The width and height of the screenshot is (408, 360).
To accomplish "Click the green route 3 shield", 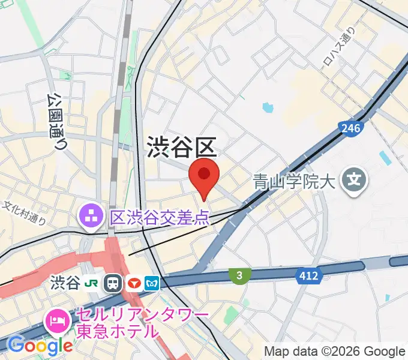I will pos(239,275).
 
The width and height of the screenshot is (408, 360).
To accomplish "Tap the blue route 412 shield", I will pos(309,276).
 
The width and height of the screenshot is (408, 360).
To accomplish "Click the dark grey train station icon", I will pos(112,283).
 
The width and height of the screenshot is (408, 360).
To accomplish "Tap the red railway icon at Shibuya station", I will pos(133,283).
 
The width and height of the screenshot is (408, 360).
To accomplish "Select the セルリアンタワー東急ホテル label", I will pos(141,323).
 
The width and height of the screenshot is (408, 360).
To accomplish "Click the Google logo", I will pos(40,345).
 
